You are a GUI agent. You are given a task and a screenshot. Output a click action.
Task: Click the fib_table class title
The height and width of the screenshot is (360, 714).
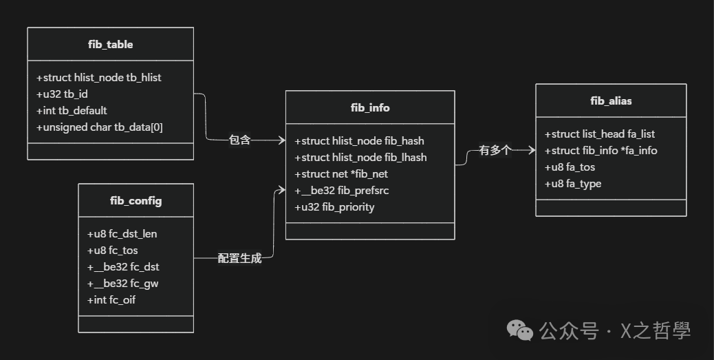(110, 45)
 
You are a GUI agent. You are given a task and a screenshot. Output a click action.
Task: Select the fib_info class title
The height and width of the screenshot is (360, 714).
(370, 107)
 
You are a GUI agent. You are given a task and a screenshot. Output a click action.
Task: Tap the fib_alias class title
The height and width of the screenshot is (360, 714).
(611, 101)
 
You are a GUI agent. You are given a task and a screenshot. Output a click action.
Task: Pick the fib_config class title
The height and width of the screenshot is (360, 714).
(136, 201)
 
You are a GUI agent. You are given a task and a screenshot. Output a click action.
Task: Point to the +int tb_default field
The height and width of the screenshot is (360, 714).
(72, 111)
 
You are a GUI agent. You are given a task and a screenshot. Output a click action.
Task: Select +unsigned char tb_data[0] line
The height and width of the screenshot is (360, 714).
(99, 127)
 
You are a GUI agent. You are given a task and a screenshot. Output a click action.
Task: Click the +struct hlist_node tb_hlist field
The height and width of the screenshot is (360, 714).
(98, 78)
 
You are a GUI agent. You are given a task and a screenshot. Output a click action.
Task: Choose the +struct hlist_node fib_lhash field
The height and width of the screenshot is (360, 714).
(360, 158)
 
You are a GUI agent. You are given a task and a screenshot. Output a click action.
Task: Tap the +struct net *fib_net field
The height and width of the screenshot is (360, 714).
(341, 174)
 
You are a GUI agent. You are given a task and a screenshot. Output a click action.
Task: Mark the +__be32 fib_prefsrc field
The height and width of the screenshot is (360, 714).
(346, 191)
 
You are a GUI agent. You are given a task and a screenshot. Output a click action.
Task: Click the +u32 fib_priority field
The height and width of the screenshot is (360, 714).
(334, 207)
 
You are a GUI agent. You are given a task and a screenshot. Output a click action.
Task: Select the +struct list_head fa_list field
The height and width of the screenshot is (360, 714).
(600, 134)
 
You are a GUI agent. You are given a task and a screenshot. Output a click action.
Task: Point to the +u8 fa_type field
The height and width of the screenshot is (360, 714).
(573, 184)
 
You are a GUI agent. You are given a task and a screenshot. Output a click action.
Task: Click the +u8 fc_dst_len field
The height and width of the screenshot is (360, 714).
(122, 234)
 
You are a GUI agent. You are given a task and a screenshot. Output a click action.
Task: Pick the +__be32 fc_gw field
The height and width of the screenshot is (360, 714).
(123, 284)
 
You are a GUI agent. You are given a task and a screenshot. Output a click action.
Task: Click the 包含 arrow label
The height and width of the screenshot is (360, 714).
(240, 140)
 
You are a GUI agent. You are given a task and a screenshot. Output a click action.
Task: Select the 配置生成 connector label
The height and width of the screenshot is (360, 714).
(240, 259)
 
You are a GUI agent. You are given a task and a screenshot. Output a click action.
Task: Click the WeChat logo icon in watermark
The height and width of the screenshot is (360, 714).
(520, 331)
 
